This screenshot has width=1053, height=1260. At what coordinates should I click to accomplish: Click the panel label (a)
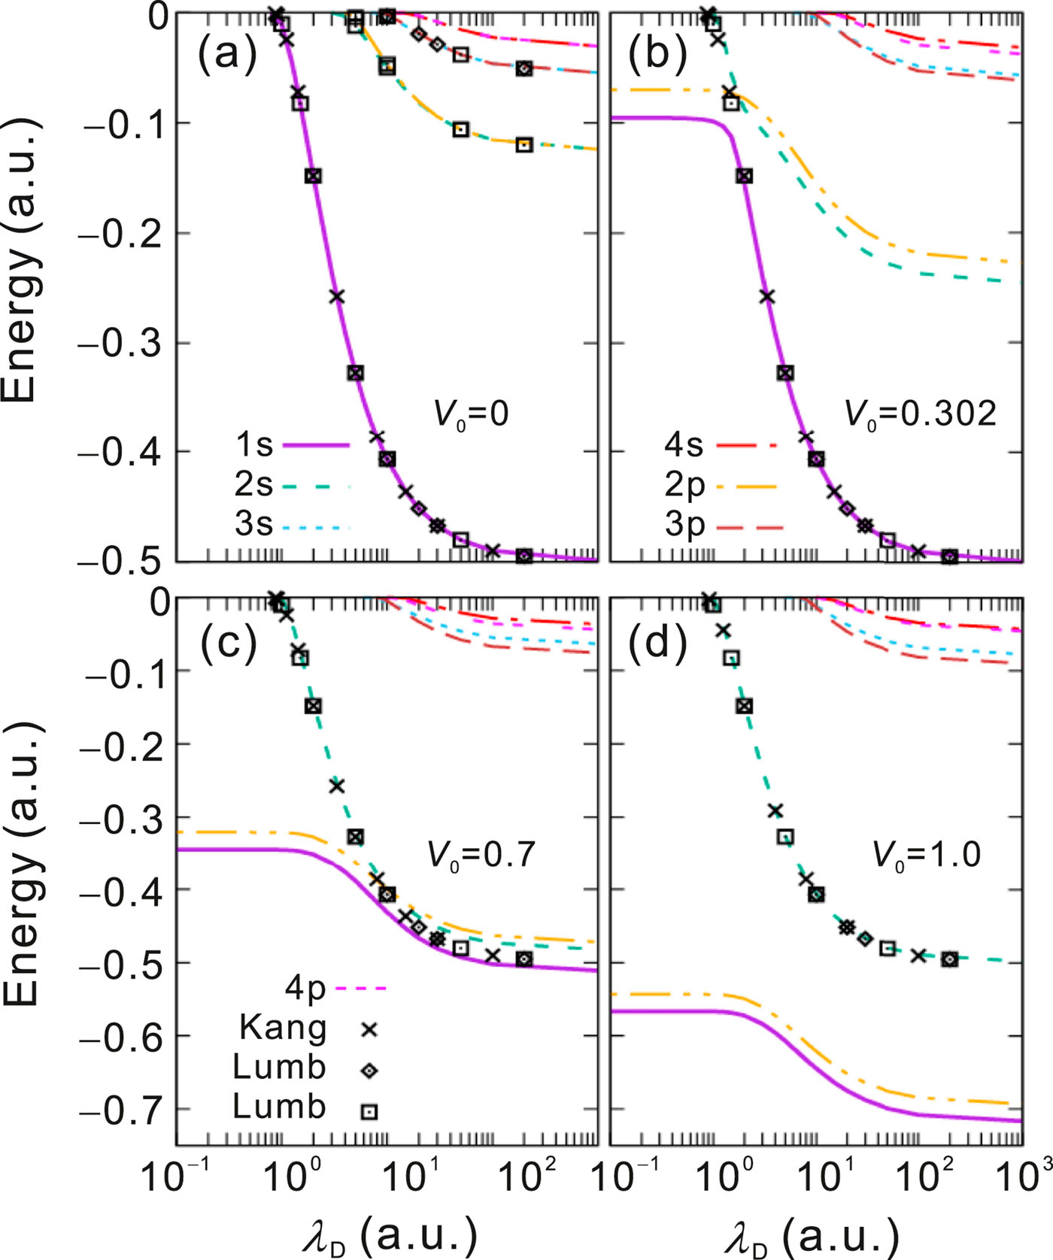point(227,56)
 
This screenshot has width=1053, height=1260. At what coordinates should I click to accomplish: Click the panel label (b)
point(657,56)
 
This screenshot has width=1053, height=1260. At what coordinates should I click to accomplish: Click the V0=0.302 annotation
point(920,413)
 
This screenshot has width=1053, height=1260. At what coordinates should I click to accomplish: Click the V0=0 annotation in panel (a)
point(472,413)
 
